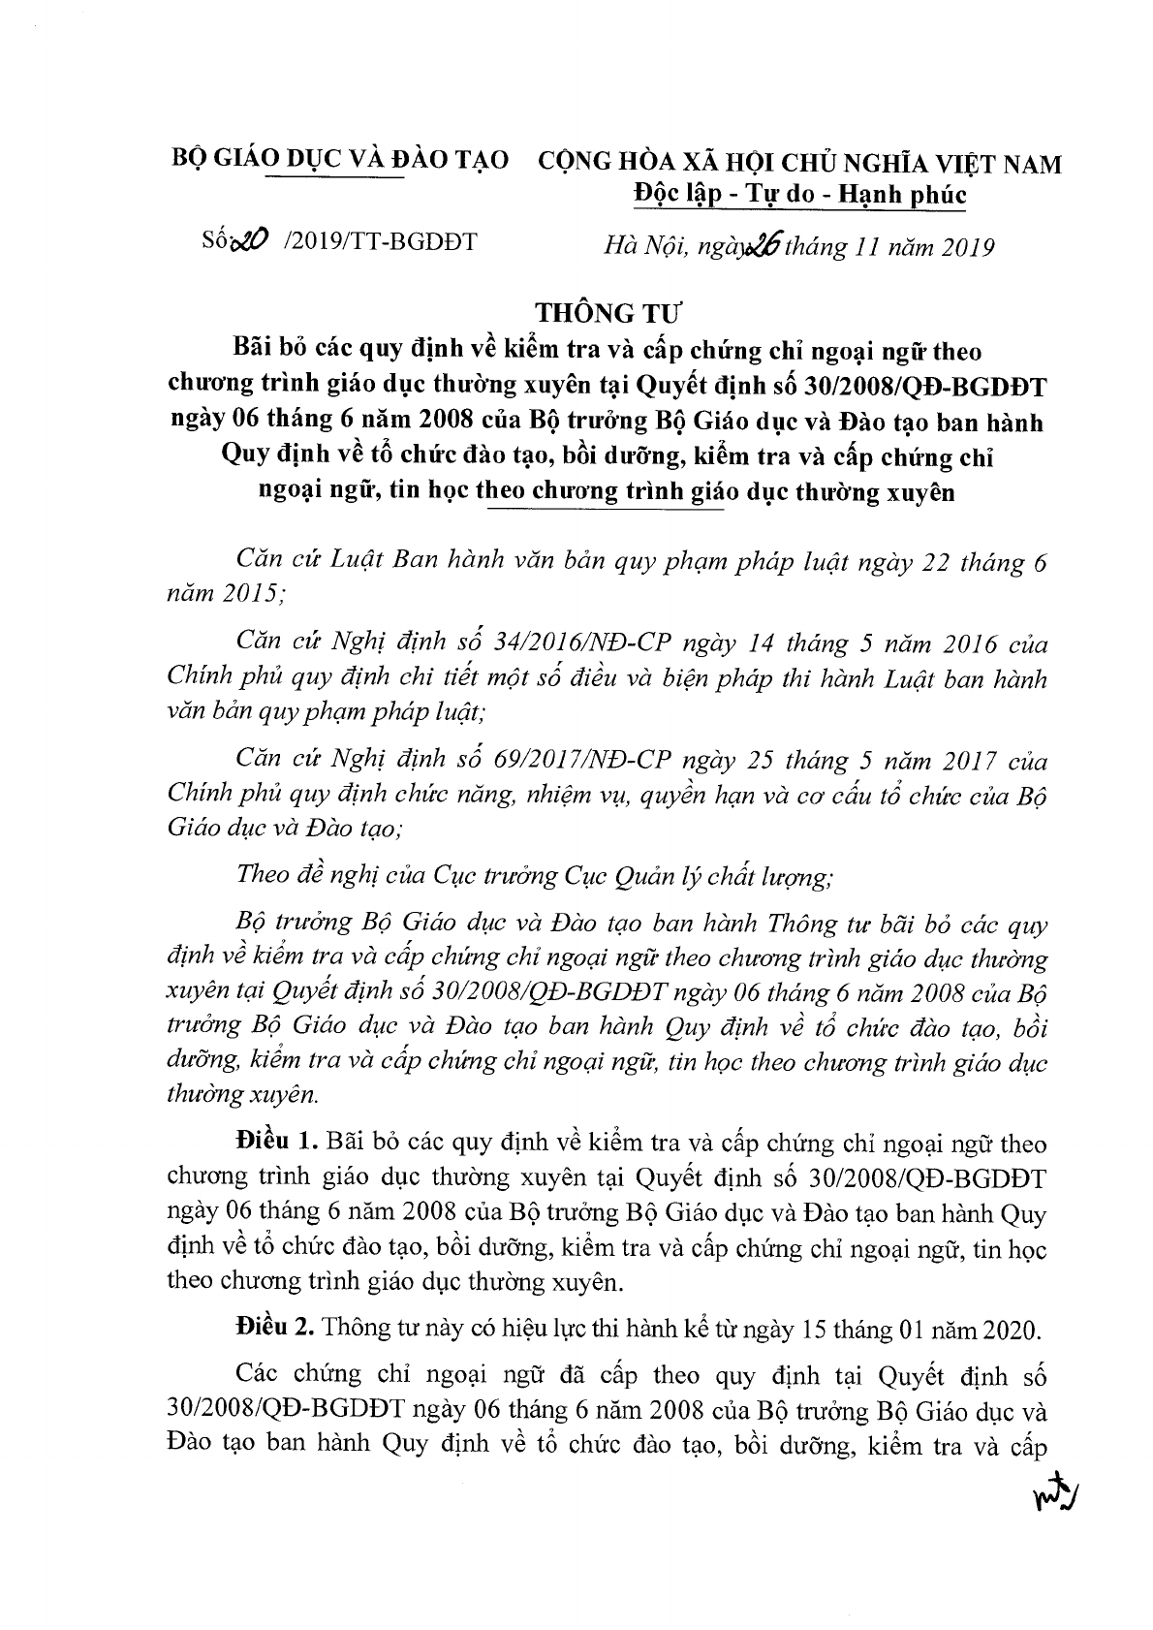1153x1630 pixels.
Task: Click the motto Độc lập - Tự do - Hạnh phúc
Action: [799, 195]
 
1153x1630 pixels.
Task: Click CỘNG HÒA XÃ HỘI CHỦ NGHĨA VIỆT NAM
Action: [799, 163]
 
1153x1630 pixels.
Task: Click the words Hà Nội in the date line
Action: [636, 247]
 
